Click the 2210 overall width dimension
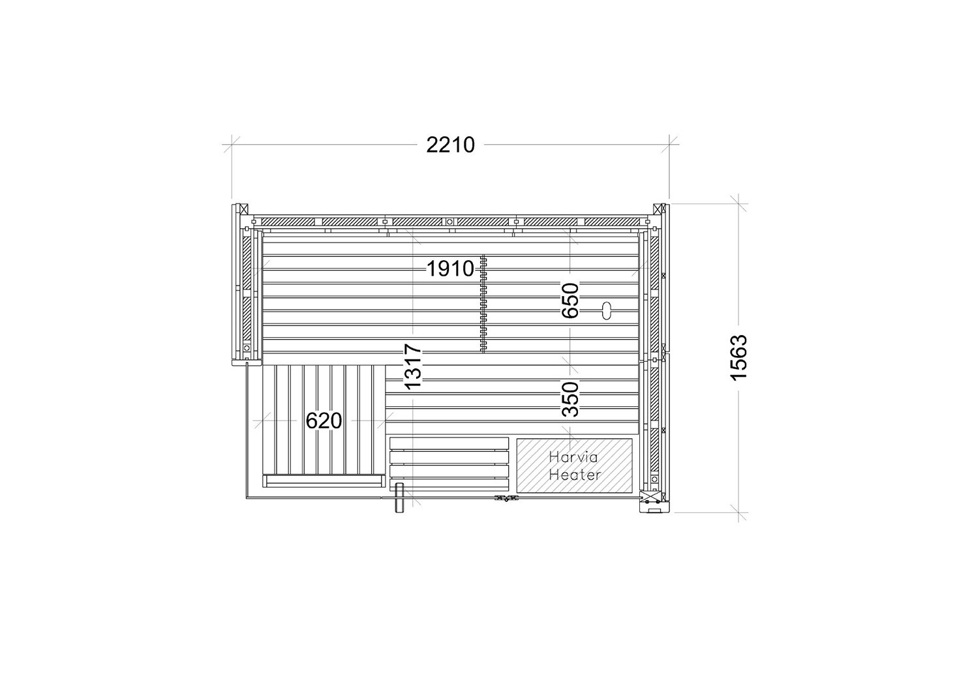(450, 145)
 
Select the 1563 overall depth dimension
(738, 357)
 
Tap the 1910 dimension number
(450, 269)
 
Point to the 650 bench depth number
(570, 300)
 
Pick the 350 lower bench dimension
(570, 399)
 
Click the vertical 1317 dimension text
(413, 366)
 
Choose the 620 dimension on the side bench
(324, 421)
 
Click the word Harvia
(573, 457)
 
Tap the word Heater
(575, 474)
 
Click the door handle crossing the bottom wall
(399, 497)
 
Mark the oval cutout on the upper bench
(607, 310)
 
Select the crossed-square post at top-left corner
(244, 209)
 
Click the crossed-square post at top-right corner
(658, 209)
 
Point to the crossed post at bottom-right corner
(645, 498)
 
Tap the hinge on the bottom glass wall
(506, 497)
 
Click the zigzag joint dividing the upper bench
(483, 304)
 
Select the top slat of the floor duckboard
(449, 444)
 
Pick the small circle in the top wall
(449, 222)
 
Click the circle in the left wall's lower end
(247, 348)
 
